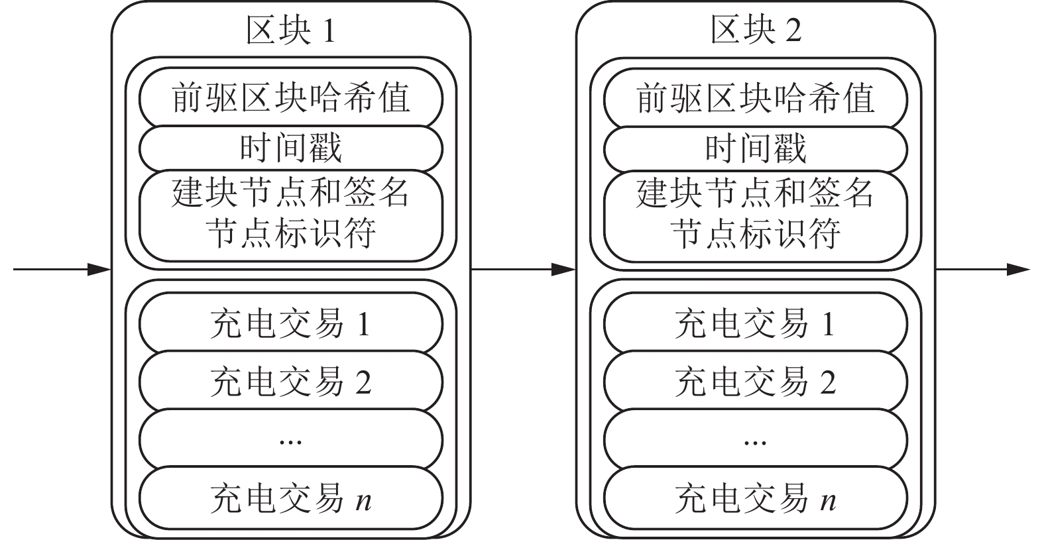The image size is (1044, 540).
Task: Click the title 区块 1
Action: (x=290, y=31)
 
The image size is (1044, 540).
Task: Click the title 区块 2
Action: (x=756, y=31)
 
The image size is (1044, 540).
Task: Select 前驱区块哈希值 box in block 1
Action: (x=290, y=99)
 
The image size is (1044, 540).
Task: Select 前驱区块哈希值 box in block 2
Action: (x=756, y=99)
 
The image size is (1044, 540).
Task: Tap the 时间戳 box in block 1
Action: (x=290, y=148)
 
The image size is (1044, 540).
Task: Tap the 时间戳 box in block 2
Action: (x=756, y=148)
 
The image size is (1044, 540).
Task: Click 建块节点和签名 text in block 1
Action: (x=290, y=193)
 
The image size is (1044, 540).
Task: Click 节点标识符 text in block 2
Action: (x=756, y=234)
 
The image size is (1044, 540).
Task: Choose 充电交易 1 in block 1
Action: (x=290, y=324)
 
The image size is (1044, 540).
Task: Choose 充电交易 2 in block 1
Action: (x=290, y=382)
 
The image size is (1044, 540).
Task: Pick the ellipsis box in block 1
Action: (x=290, y=439)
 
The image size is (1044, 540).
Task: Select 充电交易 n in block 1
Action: (x=290, y=498)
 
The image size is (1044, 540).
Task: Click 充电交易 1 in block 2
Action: (x=756, y=324)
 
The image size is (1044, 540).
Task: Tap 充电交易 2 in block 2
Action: (x=756, y=382)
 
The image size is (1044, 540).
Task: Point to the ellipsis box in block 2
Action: (x=756, y=439)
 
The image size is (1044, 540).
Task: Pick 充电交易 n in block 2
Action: (x=756, y=498)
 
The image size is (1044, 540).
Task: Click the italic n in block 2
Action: (x=828, y=500)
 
